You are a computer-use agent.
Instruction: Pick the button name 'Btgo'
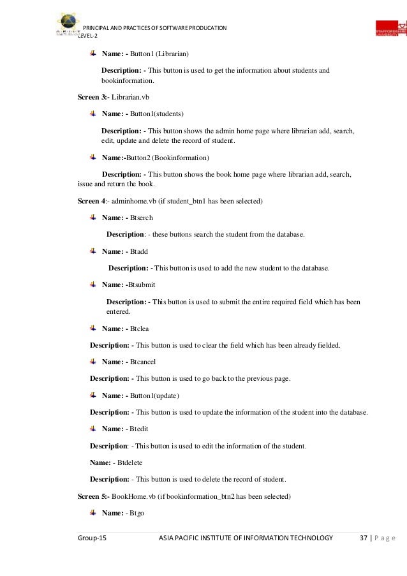[x=138, y=513]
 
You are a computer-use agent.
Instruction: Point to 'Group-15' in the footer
[x=93, y=539]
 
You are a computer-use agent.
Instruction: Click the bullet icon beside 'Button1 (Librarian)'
[x=93, y=52]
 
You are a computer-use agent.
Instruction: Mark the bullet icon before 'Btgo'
[x=93, y=512]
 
